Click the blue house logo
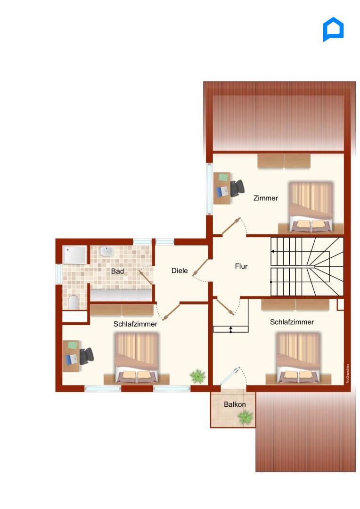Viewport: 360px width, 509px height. pyautogui.click(x=333, y=29)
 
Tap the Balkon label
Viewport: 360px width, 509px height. pyautogui.click(x=235, y=404)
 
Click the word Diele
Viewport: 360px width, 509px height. pyautogui.click(x=180, y=271)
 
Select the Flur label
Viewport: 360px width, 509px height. pyautogui.click(x=241, y=266)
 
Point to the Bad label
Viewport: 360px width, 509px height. pyautogui.click(x=117, y=271)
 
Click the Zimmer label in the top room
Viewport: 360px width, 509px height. pyautogui.click(x=266, y=198)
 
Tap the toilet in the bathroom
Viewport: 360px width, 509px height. pyautogui.click(x=74, y=302)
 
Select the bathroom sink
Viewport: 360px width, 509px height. pyautogui.click(x=106, y=251)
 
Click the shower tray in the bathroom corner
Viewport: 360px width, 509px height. pyautogui.click(x=75, y=255)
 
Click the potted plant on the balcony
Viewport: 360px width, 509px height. pyautogui.click(x=245, y=417)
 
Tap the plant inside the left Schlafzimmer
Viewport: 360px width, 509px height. pyautogui.click(x=198, y=377)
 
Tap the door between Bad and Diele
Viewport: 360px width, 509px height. pyautogui.click(x=147, y=277)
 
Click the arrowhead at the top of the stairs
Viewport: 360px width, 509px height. pyautogui.click(x=273, y=251)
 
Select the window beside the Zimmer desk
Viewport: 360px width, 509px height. pyautogui.click(x=210, y=189)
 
